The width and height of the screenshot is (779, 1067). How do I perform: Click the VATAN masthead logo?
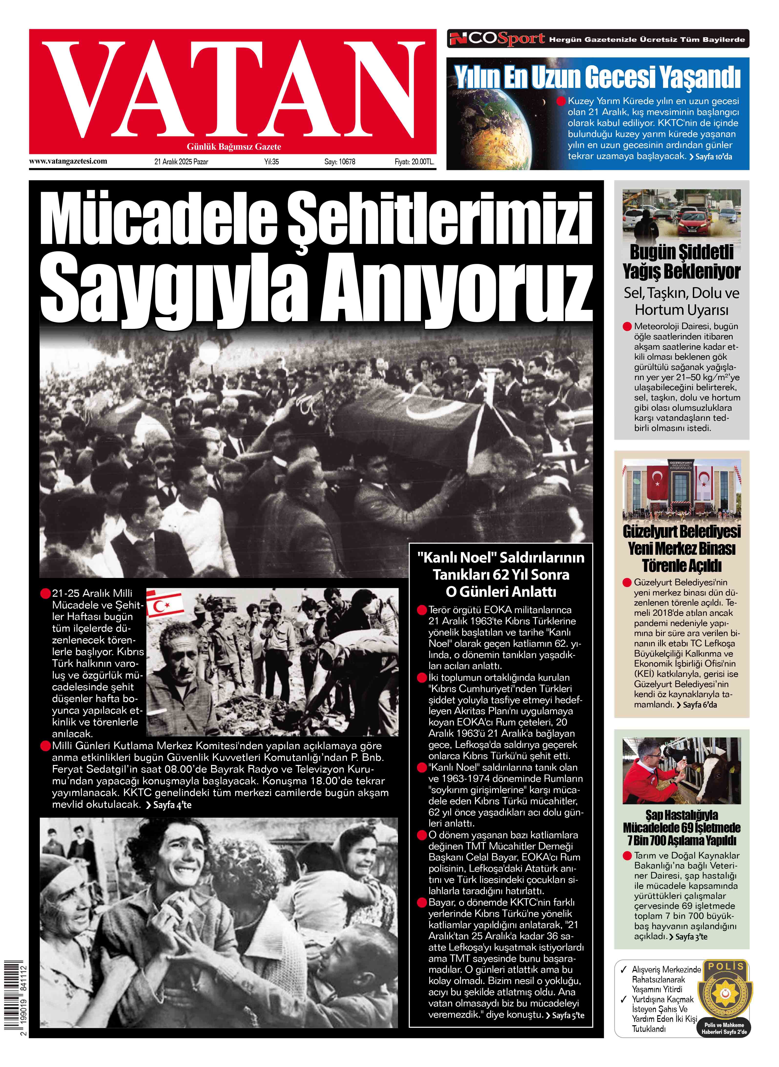click(232, 90)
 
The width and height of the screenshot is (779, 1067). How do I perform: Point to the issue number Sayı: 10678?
click(340, 162)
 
